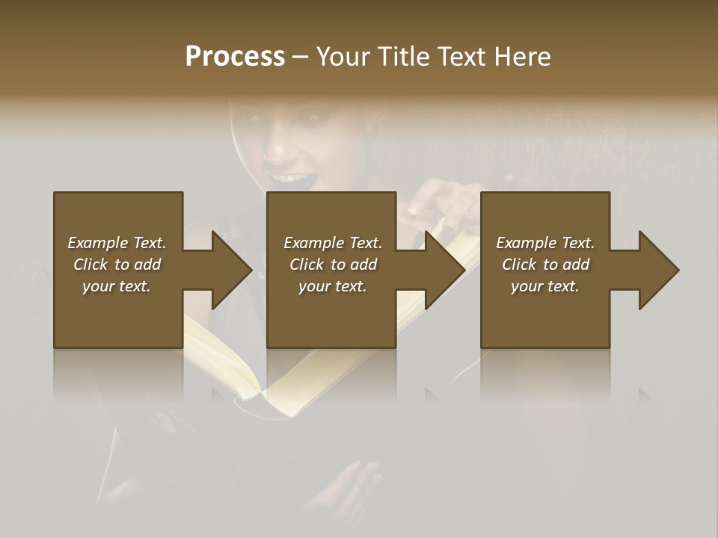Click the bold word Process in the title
point(235,57)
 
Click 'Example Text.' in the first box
point(117,243)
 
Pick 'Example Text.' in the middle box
point(333,243)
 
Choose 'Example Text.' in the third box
point(545,243)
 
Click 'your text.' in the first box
point(117,286)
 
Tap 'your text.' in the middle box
point(333,286)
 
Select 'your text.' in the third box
point(545,286)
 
